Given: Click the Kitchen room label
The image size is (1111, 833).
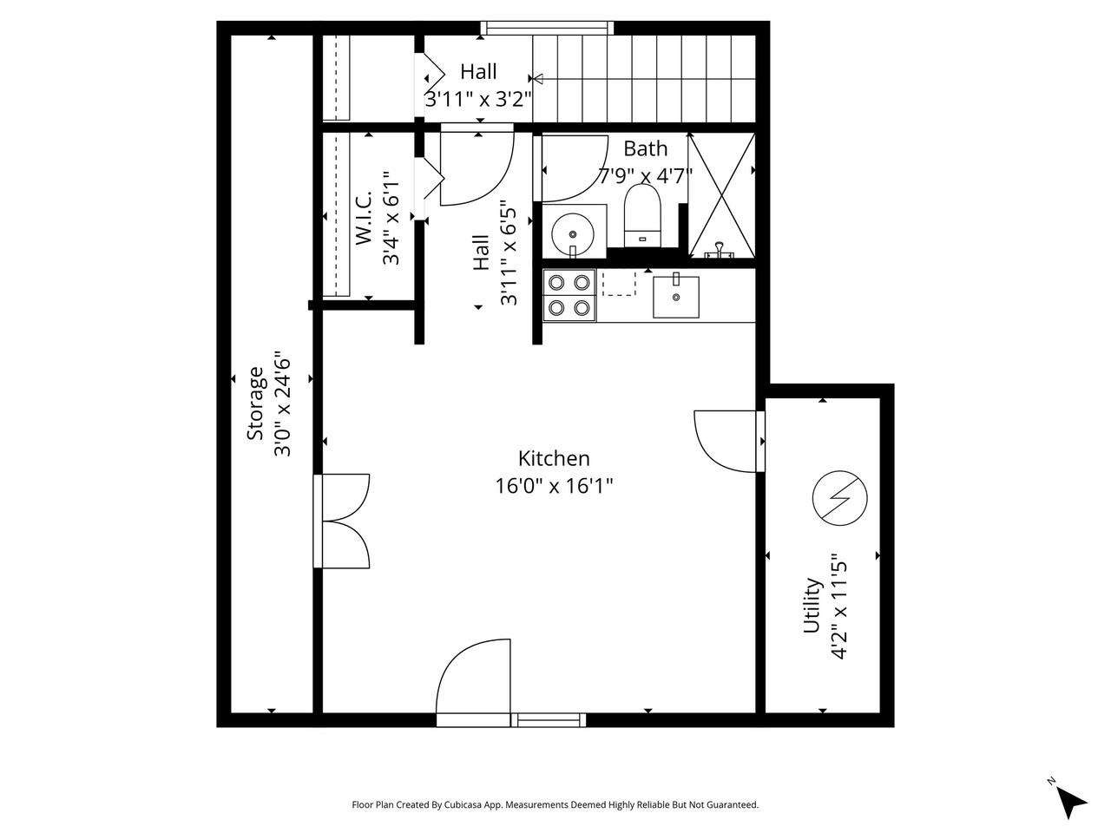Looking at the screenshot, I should click(x=554, y=458).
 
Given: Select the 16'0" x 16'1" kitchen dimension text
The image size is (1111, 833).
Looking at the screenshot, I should click(x=554, y=485).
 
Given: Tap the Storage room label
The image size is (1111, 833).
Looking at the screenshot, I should click(x=255, y=403).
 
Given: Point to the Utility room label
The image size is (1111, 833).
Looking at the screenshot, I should click(x=812, y=606).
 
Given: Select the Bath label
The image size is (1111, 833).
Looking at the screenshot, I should click(x=645, y=148).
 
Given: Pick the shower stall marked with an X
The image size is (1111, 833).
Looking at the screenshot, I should click(x=721, y=195).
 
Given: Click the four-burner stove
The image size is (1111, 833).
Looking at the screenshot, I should click(x=569, y=295).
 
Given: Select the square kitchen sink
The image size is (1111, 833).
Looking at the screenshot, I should click(x=676, y=296).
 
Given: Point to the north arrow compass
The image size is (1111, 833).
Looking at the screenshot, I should click(x=1071, y=801).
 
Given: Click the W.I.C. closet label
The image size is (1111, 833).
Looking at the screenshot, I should click(x=363, y=219).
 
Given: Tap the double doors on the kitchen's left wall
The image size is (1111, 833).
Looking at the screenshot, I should click(x=344, y=521).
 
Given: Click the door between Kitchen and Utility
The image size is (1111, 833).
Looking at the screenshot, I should click(x=729, y=441).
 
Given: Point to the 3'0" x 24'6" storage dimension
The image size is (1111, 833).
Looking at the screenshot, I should click(x=282, y=403).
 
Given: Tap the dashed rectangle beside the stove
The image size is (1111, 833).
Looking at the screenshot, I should click(x=619, y=284).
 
